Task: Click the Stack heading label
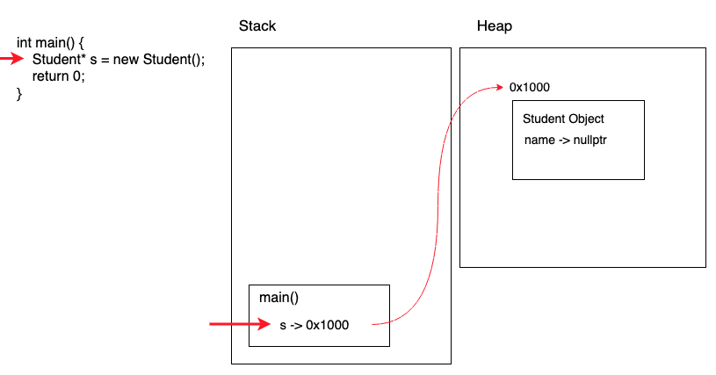(257, 26)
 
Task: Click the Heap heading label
(494, 26)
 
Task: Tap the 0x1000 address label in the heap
(530, 88)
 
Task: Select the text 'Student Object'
(563, 119)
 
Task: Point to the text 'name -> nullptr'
(566, 140)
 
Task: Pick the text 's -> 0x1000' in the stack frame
(314, 325)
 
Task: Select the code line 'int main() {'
(50, 42)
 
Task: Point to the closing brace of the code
(19, 93)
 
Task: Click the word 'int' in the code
(25, 42)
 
